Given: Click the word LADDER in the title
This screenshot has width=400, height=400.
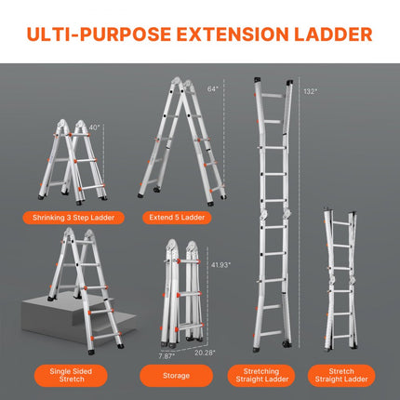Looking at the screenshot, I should [x=327, y=35].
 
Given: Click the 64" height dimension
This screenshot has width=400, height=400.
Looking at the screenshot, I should [x=212, y=88].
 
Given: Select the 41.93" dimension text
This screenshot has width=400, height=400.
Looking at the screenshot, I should [x=221, y=264].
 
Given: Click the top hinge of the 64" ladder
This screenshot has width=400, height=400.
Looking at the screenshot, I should [x=182, y=82].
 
